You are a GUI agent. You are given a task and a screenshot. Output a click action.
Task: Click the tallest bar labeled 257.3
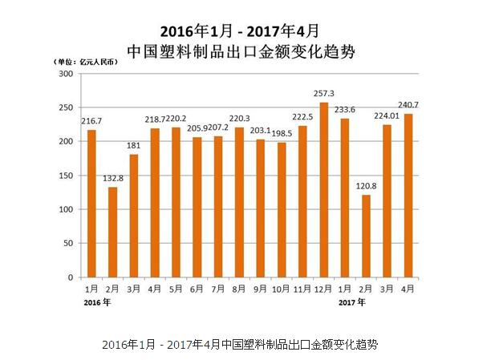tap(324, 189)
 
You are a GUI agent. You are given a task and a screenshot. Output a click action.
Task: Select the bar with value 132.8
tap(112, 232)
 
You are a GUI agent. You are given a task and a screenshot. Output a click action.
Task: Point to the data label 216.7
tap(91, 120)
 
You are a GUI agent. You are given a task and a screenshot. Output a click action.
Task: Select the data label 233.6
tap(346, 110)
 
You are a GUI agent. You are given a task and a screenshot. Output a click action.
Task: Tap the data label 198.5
tap(282, 133)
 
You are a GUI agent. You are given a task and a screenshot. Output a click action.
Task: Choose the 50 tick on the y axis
tap(67, 243)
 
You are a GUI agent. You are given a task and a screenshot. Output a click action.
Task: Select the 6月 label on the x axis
tap(197, 288)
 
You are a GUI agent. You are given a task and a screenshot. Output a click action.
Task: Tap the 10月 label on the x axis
tap(282, 288)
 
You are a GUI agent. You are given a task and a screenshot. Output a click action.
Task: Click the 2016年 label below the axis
tap(96, 302)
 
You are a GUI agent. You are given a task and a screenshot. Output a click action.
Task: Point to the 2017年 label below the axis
tap(351, 302)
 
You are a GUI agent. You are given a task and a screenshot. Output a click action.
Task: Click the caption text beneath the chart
tap(240, 344)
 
